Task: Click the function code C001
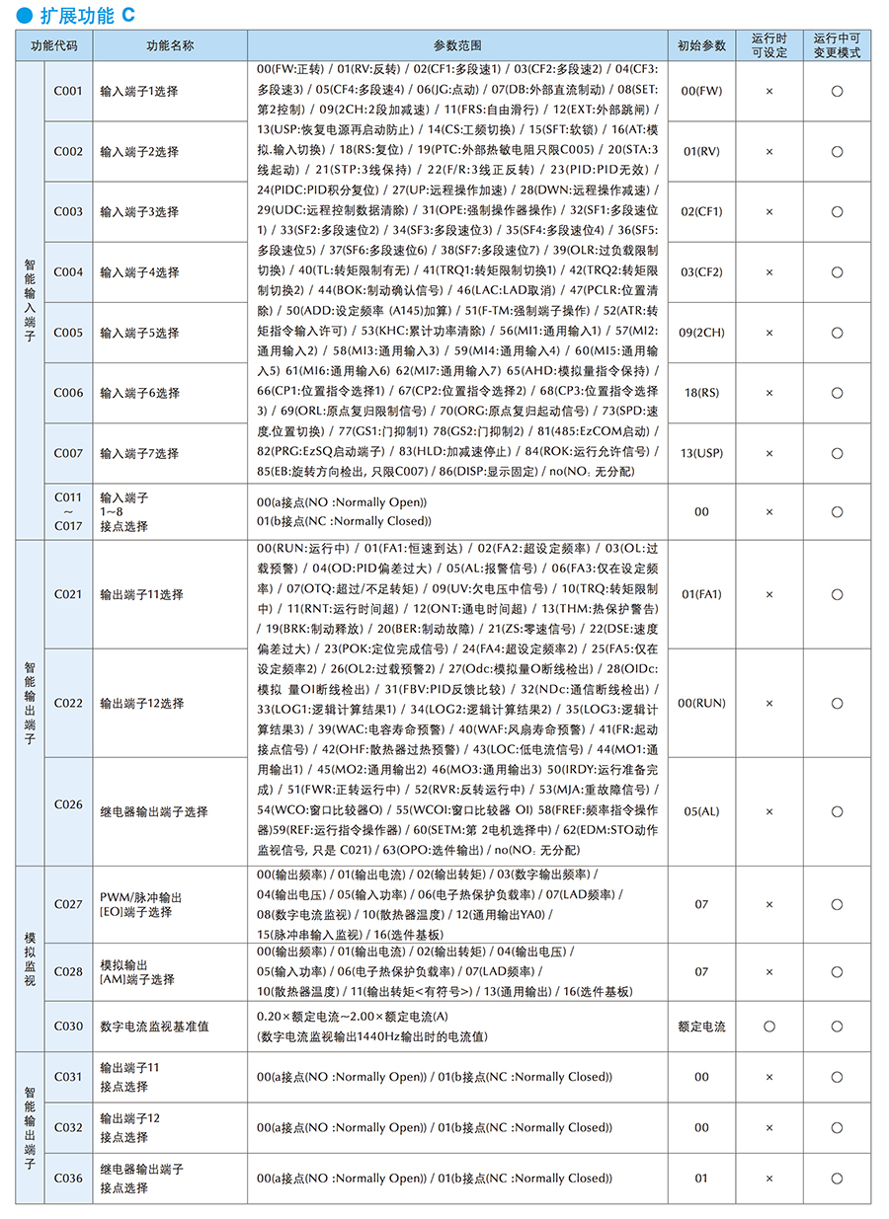pyautogui.click(x=68, y=91)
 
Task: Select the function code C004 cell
pyautogui.click(x=68, y=272)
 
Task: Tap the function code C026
pyautogui.click(x=68, y=804)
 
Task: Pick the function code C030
pyautogui.click(x=68, y=1027)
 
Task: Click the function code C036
pyautogui.click(x=68, y=1178)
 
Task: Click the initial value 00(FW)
pyautogui.click(x=701, y=91)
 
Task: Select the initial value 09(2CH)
pyautogui.click(x=701, y=333)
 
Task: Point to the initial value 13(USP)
pyautogui.click(x=701, y=453)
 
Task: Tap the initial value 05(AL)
pyautogui.click(x=701, y=811)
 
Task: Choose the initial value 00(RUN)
pyautogui.click(x=701, y=703)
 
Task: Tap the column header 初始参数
pyautogui.click(x=701, y=45)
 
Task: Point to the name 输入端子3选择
pyautogui.click(x=139, y=212)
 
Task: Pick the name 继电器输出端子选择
pyautogui.click(x=154, y=811)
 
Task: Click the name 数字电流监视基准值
pyautogui.click(x=154, y=1027)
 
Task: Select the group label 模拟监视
pyautogui.click(x=30, y=957)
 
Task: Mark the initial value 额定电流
pyautogui.click(x=701, y=1027)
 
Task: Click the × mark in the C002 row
pyautogui.click(x=769, y=151)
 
